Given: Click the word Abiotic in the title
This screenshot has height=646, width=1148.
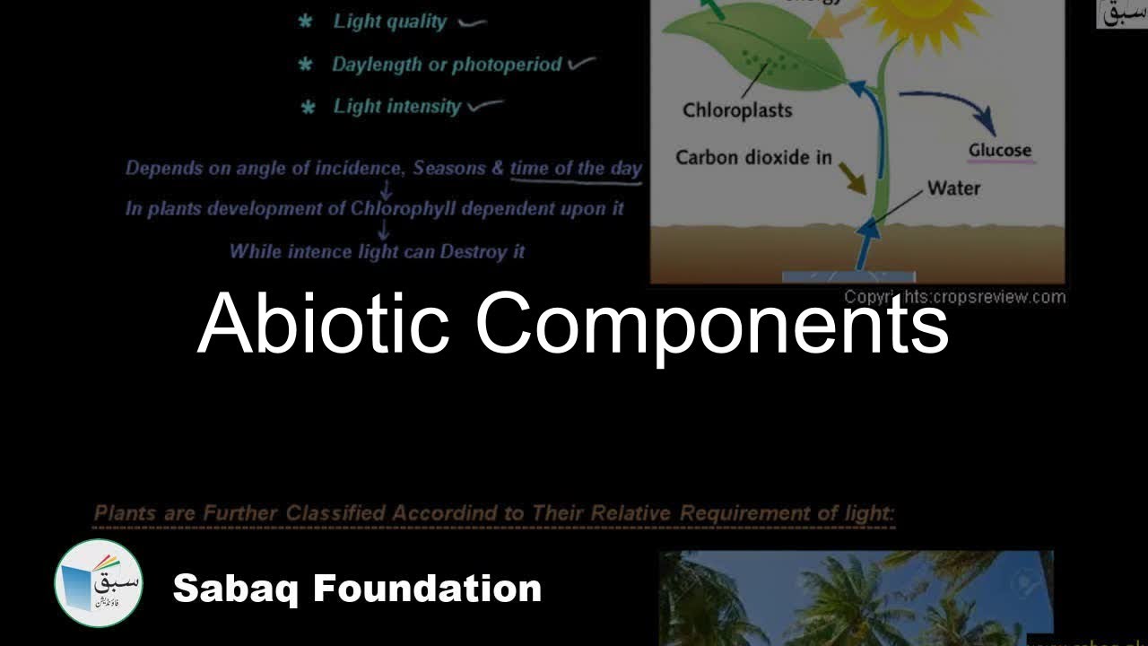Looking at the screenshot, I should [323, 324].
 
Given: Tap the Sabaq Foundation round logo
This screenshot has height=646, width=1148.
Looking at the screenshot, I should [99, 583].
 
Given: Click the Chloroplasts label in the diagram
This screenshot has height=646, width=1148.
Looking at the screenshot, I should [737, 110].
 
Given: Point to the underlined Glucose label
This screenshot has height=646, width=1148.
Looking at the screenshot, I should [1000, 151].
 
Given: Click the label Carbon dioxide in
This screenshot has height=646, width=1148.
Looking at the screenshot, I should [753, 158].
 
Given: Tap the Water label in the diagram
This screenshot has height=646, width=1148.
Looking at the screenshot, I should [953, 188].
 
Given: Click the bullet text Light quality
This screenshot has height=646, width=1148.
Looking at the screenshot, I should [389, 22].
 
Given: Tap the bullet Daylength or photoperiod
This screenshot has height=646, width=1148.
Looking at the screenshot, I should [447, 65].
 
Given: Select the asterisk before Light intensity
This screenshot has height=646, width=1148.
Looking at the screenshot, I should [308, 108].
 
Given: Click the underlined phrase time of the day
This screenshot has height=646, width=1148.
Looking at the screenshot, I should [576, 168].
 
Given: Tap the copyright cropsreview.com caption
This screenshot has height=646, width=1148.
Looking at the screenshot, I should [954, 297].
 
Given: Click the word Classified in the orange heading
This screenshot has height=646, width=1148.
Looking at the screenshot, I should [335, 514].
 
